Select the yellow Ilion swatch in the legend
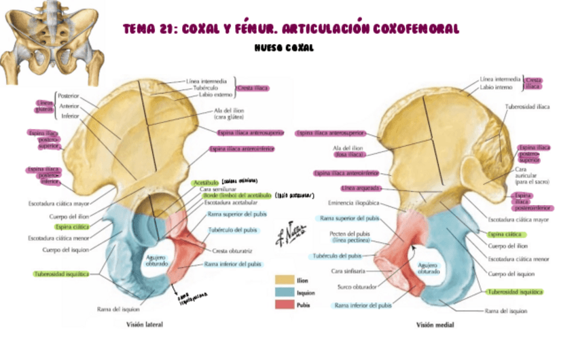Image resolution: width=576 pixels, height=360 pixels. click(x=284, y=280)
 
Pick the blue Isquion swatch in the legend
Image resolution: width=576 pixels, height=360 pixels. click(x=284, y=292)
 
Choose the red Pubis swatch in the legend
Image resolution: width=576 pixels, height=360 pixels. click(x=284, y=304)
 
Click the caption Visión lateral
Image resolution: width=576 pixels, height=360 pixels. click(x=145, y=325)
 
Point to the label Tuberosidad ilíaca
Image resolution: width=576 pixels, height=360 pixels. click(x=527, y=107)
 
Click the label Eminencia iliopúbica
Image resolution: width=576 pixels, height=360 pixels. click(x=353, y=202)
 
